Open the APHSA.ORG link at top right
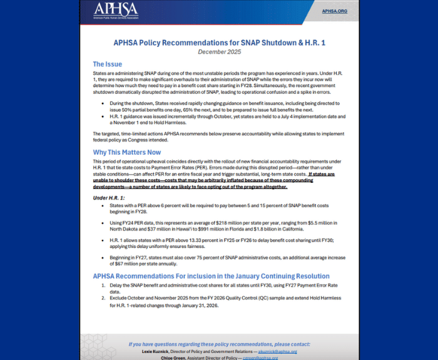[x=335, y=11]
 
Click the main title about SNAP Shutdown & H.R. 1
[x=219, y=43]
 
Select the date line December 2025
[x=219, y=52]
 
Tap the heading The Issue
[x=108, y=64]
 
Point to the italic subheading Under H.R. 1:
[x=109, y=198]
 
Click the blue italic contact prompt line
[x=219, y=344]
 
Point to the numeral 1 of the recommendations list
[x=103, y=284]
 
